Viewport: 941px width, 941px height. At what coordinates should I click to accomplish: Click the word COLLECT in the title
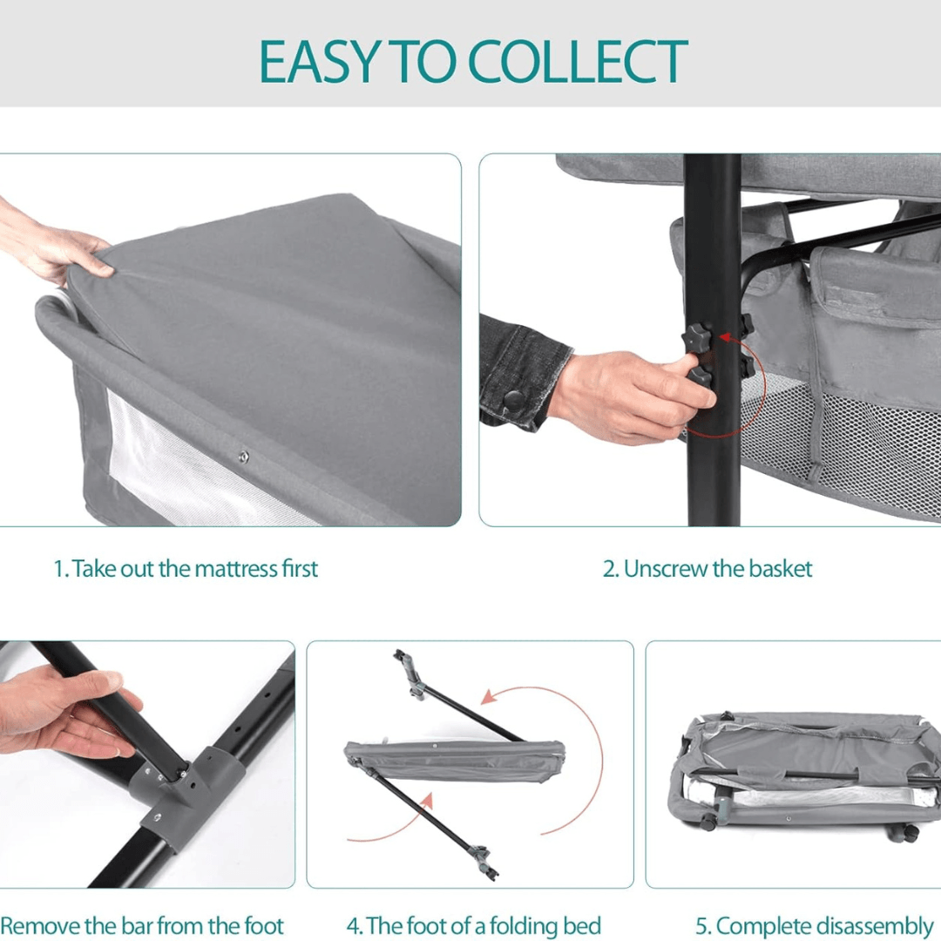[x=577, y=61]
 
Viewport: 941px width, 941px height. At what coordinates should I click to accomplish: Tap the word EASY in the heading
[x=319, y=61]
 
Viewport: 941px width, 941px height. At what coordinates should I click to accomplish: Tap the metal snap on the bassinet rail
[x=243, y=457]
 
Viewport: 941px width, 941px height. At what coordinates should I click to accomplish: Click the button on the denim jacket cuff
[x=513, y=400]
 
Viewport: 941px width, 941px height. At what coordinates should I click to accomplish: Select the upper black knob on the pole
[x=698, y=337]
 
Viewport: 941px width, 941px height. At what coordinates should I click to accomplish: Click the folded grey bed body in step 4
[x=454, y=759]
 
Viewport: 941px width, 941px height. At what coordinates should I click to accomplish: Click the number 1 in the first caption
[x=59, y=569]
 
